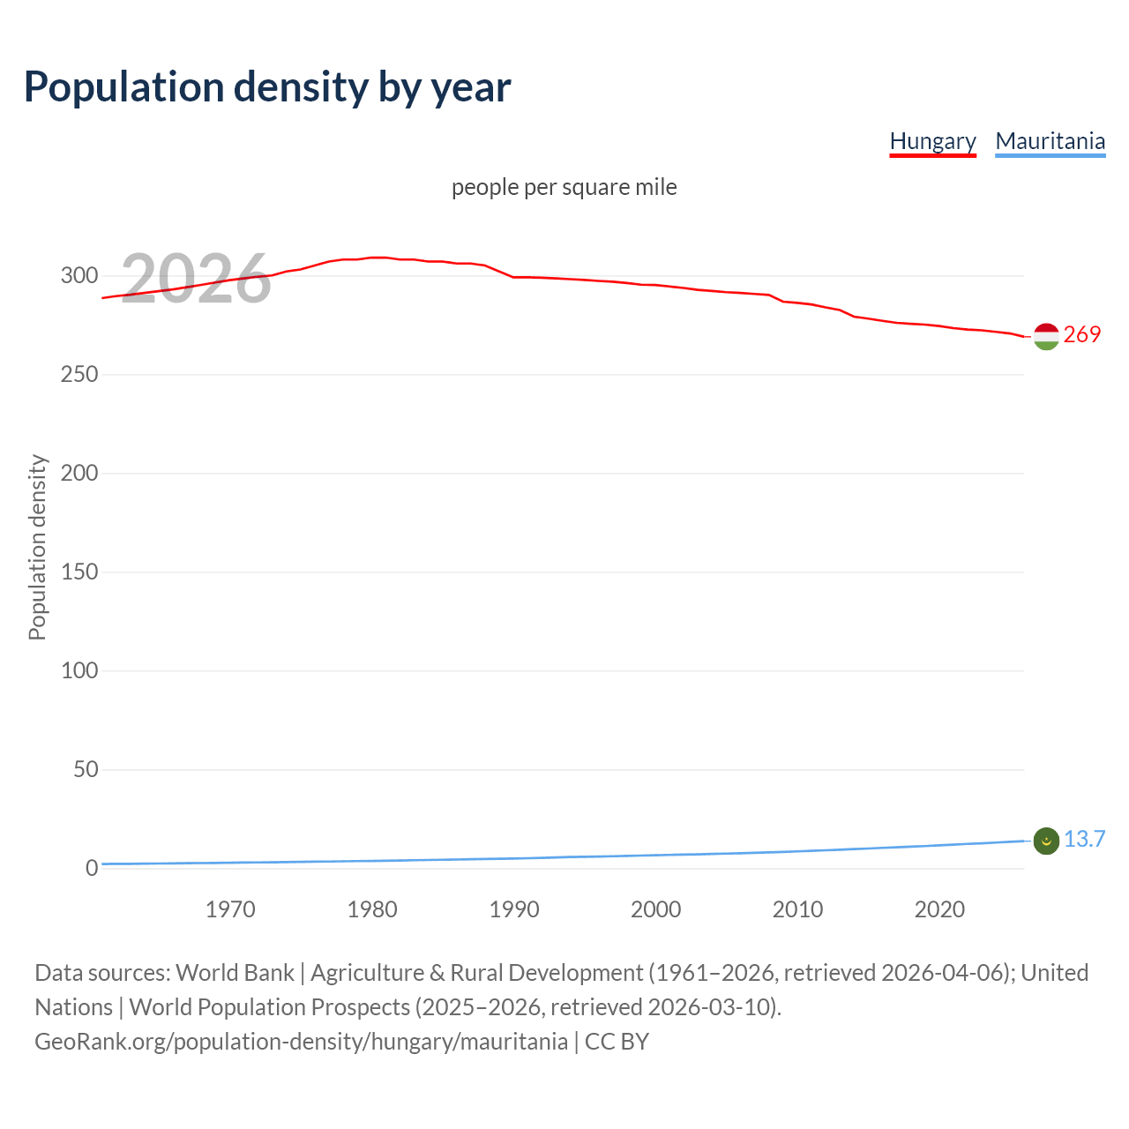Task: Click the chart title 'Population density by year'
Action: coord(267,87)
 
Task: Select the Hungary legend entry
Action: coord(932,141)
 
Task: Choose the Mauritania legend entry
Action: coord(1050,141)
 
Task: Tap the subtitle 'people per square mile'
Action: coord(564,187)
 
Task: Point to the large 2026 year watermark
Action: coord(196,279)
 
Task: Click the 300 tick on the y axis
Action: coord(79,276)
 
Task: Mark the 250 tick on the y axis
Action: coord(79,375)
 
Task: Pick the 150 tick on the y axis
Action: coord(79,572)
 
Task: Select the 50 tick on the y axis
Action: coord(86,770)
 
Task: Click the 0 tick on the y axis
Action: coord(92,869)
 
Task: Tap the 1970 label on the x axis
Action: coord(230,909)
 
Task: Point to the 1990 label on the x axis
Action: coord(514,909)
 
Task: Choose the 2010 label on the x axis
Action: coord(797,909)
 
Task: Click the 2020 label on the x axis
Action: coord(939,909)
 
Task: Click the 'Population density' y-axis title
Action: coord(37,547)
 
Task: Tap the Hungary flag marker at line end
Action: coord(1046,336)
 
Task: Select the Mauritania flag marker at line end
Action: coord(1046,841)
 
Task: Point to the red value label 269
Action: coord(1082,334)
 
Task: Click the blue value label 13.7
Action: coord(1084,839)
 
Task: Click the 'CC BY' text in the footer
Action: coord(617,1042)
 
